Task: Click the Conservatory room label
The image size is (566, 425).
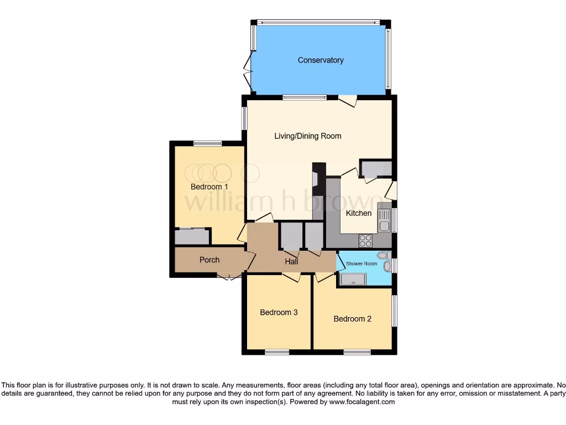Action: pyautogui.click(x=321, y=60)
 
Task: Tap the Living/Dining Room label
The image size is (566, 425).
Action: pyautogui.click(x=308, y=136)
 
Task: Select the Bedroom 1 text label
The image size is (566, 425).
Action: pyautogui.click(x=209, y=186)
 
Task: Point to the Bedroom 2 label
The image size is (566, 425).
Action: pyautogui.click(x=352, y=319)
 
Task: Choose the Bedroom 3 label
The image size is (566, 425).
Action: pyautogui.click(x=279, y=312)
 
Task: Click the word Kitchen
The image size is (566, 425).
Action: pyautogui.click(x=359, y=213)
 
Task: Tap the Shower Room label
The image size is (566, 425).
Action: pyautogui.click(x=362, y=263)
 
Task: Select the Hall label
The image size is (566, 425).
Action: pyautogui.click(x=292, y=261)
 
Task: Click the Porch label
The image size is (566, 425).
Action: pyautogui.click(x=209, y=260)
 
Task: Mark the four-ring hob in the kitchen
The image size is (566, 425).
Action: pyautogui.click(x=365, y=240)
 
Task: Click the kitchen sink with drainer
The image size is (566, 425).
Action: pyautogui.click(x=384, y=220)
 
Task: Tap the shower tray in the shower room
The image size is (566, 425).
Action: pyautogui.click(x=352, y=279)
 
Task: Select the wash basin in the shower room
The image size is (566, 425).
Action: pyautogui.click(x=387, y=267)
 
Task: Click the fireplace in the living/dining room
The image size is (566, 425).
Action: pyautogui.click(x=316, y=179)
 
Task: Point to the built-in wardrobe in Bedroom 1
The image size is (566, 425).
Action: pyautogui.click(x=192, y=237)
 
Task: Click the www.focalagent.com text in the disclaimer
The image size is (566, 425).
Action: pyautogui.click(x=361, y=402)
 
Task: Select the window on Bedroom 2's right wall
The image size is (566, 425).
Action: pyautogui.click(x=394, y=310)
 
